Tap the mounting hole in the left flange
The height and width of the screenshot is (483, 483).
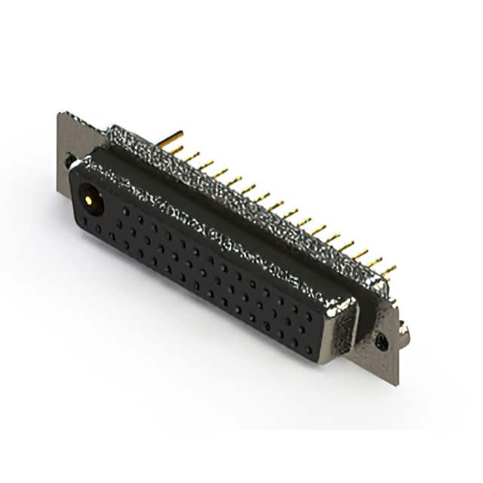tap(70, 161)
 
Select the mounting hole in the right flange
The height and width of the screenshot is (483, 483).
tap(382, 341)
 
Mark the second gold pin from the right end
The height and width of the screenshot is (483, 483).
tap(374, 262)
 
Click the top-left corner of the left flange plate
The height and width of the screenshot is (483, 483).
tap(60, 114)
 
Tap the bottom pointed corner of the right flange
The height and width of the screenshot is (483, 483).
tap(395, 384)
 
